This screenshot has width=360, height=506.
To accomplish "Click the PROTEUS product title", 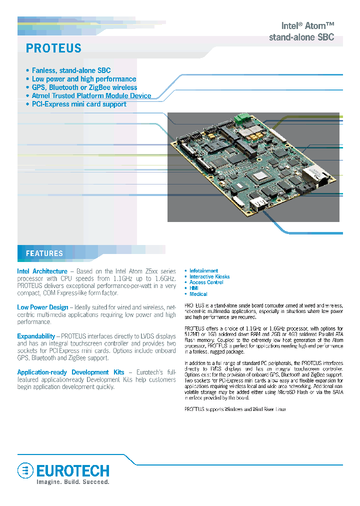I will [53, 48].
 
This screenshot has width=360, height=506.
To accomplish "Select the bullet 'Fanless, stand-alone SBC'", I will [71, 70].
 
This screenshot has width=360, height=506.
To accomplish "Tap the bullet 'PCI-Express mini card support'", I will [79, 104].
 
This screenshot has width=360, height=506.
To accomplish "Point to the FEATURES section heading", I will [44, 253].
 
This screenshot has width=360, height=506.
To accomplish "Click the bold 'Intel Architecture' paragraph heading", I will [42, 271].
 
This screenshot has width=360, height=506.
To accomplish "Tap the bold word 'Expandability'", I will [36, 336].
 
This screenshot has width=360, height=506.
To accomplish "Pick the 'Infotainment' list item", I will [203, 271].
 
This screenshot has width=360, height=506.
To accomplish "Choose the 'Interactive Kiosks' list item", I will [209, 276].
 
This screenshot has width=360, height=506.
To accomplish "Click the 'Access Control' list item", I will [206, 282].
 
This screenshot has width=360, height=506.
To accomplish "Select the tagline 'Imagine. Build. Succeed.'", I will [72, 482].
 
